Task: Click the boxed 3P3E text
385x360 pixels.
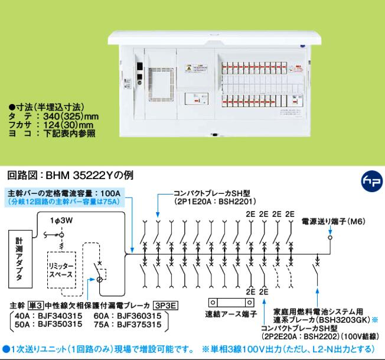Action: pos(165,306)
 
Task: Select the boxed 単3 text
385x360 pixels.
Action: pos(37,306)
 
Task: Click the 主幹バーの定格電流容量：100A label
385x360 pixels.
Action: pos(65,193)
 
